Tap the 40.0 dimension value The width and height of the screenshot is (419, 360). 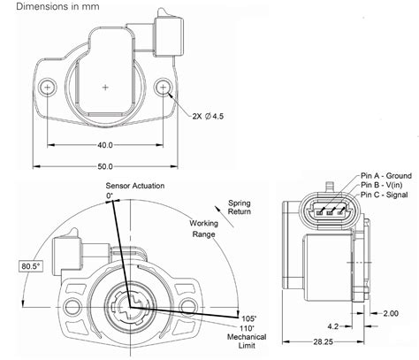click(105, 145)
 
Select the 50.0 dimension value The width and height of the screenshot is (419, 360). click(105, 165)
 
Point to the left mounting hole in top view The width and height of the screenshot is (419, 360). click(47, 88)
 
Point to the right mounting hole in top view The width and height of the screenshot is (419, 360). click(164, 88)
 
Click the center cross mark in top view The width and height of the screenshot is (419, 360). click(106, 87)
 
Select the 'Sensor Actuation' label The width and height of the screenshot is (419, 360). click(134, 186)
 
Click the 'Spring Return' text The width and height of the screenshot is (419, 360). click(240, 207)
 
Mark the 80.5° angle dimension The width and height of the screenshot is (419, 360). click(32, 264)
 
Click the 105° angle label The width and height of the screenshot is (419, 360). click(249, 318)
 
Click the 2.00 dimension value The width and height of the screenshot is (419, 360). click(390, 312)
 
